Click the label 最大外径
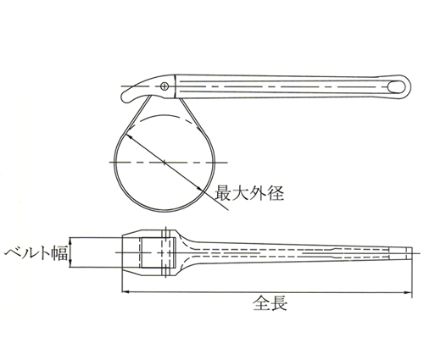click(x=249, y=193)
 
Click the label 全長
click(x=270, y=303)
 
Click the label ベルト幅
click(x=36, y=252)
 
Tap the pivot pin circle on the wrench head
click(x=165, y=86)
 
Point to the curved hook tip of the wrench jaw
click(x=126, y=99)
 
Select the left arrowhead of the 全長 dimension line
click(x=125, y=292)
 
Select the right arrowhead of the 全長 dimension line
click(x=408, y=292)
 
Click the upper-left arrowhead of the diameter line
click(x=128, y=136)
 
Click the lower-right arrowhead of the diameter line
click(x=200, y=189)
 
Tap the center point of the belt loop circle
click(x=165, y=162)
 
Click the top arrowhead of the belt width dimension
click(x=70, y=241)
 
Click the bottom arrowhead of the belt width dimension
click(x=70, y=264)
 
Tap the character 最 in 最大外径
click(x=224, y=193)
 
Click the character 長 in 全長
click(x=279, y=303)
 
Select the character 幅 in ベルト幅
click(x=59, y=252)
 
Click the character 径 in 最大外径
click(x=276, y=193)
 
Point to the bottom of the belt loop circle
click(x=165, y=211)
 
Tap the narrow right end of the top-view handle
click(x=409, y=252)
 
